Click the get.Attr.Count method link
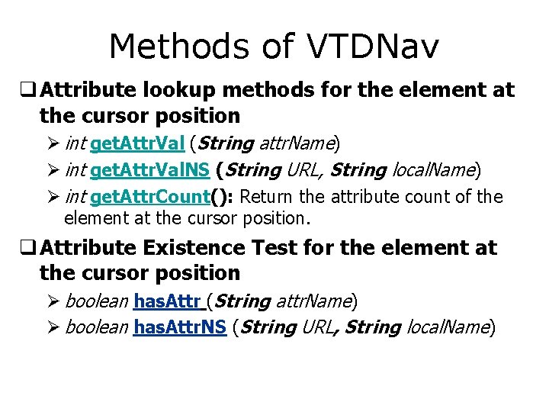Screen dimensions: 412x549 click(x=150, y=197)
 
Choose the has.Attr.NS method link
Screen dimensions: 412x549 click(x=180, y=327)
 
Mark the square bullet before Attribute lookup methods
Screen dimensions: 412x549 click(x=33, y=91)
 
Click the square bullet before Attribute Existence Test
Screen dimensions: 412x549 click(x=33, y=249)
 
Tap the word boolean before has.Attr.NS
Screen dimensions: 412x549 click(x=97, y=327)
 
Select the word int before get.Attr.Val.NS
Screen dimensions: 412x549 click(x=75, y=169)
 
